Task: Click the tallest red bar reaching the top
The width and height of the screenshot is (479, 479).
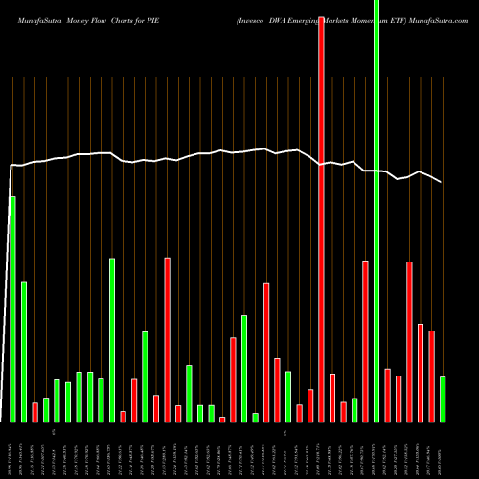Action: [321, 220]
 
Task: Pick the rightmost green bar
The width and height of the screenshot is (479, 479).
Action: [443, 399]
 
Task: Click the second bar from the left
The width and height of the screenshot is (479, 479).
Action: [24, 352]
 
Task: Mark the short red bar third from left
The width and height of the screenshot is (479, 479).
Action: [34, 412]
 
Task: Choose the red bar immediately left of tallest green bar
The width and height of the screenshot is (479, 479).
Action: [365, 341]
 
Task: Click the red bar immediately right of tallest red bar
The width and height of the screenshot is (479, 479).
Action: [332, 398]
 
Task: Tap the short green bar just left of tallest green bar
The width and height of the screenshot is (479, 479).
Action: [354, 410]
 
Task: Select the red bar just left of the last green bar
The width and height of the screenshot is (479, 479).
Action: [432, 376]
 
